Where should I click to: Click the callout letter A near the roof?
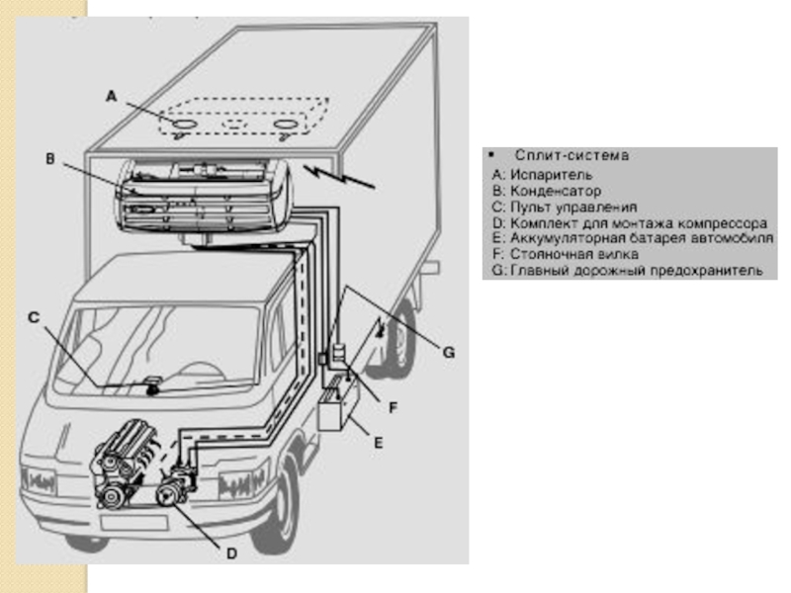point(112,96)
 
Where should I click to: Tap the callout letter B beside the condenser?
point(50,159)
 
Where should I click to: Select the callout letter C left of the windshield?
point(34,317)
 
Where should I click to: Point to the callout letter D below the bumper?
point(231,553)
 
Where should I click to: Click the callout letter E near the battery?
point(379,443)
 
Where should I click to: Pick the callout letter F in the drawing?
point(394,407)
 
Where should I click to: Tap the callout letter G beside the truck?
point(449,353)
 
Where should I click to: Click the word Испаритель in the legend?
point(552,175)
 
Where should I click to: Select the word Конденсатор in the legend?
point(556,191)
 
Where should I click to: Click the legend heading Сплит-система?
point(572,155)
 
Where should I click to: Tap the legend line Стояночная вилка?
point(566,254)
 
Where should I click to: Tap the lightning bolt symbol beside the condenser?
point(339,176)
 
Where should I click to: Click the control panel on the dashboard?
point(151,385)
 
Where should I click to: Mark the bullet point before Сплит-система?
point(490,155)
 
